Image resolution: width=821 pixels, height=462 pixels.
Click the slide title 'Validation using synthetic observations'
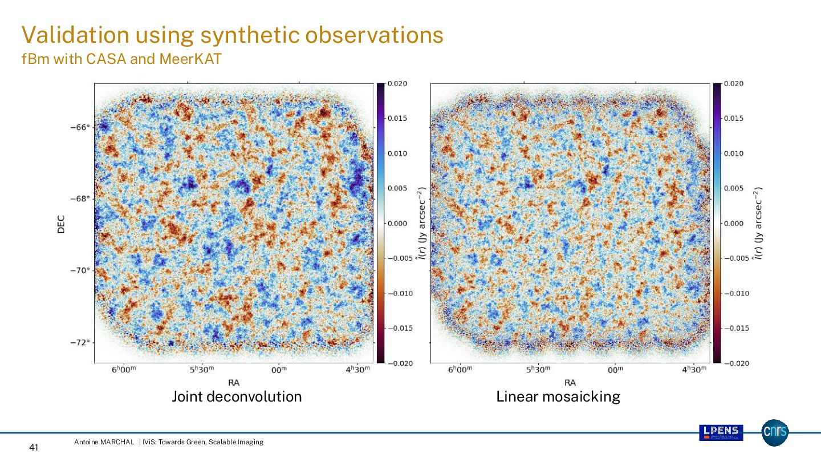[x=232, y=35]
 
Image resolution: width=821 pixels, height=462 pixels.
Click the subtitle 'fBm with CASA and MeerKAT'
[x=121, y=59]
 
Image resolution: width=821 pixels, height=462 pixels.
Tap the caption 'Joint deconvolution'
[x=237, y=396]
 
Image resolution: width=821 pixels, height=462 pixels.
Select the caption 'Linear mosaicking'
[x=558, y=396]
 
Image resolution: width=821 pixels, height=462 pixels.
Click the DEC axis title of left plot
[x=61, y=224]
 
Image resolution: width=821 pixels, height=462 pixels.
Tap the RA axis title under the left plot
[x=234, y=382]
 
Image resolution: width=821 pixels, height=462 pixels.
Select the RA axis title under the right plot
[x=570, y=382]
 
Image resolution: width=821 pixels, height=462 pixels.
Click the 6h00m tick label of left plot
[x=124, y=370]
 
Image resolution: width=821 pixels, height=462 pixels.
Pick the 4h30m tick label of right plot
[x=694, y=370]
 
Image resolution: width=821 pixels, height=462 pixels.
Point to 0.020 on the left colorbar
[x=397, y=84]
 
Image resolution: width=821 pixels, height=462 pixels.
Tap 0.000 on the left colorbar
[x=397, y=224]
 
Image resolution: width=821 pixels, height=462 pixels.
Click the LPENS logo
[x=721, y=432]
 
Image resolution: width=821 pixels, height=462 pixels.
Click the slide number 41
[x=33, y=448]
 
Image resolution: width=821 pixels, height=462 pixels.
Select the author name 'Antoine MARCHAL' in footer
[x=104, y=442]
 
